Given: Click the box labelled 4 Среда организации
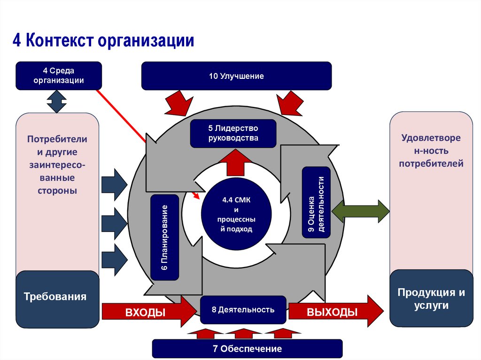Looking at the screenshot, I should [59, 76].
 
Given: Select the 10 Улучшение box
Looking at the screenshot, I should [236, 76].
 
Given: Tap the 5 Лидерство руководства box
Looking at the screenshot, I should [233, 133].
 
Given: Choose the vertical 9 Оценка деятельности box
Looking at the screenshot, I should [316, 202].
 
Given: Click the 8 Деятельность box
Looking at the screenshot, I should [243, 310].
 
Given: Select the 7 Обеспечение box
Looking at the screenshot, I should [247, 349].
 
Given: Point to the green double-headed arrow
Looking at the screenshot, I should [360, 211].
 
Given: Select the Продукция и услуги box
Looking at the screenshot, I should [431, 299].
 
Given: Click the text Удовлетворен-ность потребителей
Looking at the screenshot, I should [431, 151].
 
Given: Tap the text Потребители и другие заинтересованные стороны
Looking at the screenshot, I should [57, 165].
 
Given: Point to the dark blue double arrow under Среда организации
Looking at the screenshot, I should [57, 101].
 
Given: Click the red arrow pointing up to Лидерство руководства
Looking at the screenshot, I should [233, 161].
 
